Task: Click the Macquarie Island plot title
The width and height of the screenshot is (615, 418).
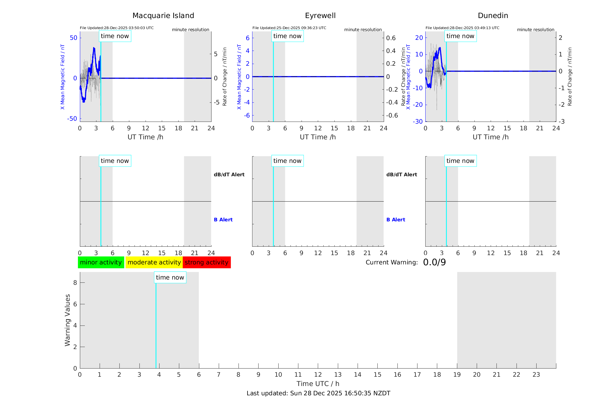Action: pyautogui.click(x=163, y=16)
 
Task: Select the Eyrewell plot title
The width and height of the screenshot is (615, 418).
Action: pyautogui.click(x=320, y=16)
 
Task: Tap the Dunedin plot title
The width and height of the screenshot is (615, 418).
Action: pyautogui.click(x=493, y=16)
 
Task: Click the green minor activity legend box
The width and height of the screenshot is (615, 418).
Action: pyautogui.click(x=101, y=262)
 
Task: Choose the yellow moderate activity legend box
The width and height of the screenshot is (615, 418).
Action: pyautogui.click(x=154, y=262)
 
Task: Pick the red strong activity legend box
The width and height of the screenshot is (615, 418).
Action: pyautogui.click(x=207, y=262)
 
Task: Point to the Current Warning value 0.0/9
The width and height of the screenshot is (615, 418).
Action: pyautogui.click(x=434, y=262)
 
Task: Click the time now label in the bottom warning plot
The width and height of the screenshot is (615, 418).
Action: pyautogui.click(x=170, y=278)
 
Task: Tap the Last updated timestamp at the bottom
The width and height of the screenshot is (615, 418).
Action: pyautogui.click(x=318, y=393)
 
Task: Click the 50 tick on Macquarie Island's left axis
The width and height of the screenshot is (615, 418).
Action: pyautogui.click(x=73, y=38)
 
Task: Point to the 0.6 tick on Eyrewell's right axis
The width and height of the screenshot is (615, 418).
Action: pyautogui.click(x=391, y=38)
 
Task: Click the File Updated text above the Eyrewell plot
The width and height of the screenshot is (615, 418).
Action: pyautogui.click(x=289, y=28)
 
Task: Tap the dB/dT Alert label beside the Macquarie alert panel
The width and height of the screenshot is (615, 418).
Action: pyautogui.click(x=229, y=175)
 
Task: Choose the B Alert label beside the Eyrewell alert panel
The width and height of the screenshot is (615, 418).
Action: pyautogui.click(x=396, y=220)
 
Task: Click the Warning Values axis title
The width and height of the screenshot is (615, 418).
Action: pyautogui.click(x=67, y=320)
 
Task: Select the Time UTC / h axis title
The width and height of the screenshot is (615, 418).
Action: pyautogui.click(x=318, y=384)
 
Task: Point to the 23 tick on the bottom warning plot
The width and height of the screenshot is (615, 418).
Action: pyautogui.click(x=536, y=375)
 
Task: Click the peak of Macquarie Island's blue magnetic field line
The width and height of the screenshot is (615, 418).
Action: pyautogui.click(x=94, y=48)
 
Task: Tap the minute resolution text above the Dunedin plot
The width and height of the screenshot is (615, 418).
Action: pyautogui.click(x=535, y=30)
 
